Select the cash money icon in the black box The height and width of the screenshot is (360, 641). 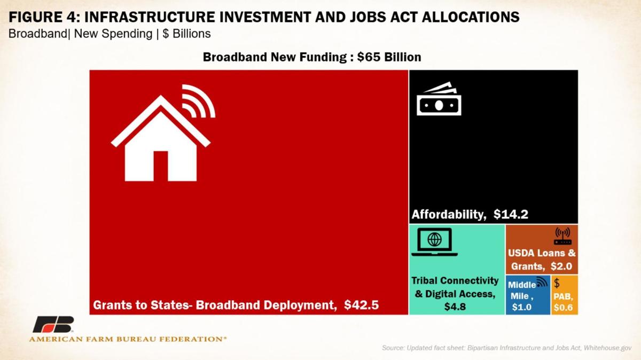[x=439, y=99]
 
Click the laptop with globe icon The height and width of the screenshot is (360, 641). [x=434, y=242]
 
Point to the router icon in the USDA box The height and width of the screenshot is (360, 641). [x=562, y=236]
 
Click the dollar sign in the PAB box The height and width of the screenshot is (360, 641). [x=557, y=283]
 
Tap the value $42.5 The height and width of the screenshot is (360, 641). [x=362, y=305]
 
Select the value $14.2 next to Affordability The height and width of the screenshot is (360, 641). [x=511, y=214]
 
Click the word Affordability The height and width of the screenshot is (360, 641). [x=449, y=214]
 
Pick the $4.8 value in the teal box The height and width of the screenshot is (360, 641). [x=455, y=307]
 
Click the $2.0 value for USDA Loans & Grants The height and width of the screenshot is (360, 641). [x=561, y=267]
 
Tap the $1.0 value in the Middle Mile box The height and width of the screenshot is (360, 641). [x=522, y=307]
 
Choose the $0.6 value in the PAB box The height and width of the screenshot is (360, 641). [x=563, y=308]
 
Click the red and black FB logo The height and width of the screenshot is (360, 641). [x=53, y=324]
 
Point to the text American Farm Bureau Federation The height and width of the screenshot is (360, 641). [x=128, y=339]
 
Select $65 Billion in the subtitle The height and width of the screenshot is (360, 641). [x=389, y=57]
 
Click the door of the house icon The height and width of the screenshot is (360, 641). [x=161, y=166]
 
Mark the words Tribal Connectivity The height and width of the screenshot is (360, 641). [x=455, y=281]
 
